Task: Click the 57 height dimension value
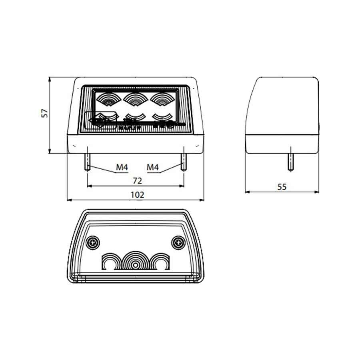click(x=45, y=113)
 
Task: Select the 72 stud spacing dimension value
click(x=137, y=181)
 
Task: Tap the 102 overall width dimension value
click(x=137, y=195)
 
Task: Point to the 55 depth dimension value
click(x=282, y=187)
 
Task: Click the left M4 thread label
click(x=122, y=167)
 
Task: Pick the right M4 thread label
click(x=153, y=167)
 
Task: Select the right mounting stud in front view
click(x=184, y=160)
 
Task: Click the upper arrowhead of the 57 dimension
click(x=50, y=80)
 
